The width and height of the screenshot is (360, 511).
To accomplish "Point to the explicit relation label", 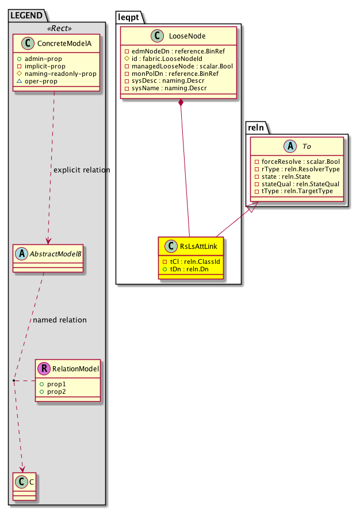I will (x=82, y=170).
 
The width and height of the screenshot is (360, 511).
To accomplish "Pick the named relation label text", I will (x=60, y=320).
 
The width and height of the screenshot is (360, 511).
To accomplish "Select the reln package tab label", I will (x=256, y=127).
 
